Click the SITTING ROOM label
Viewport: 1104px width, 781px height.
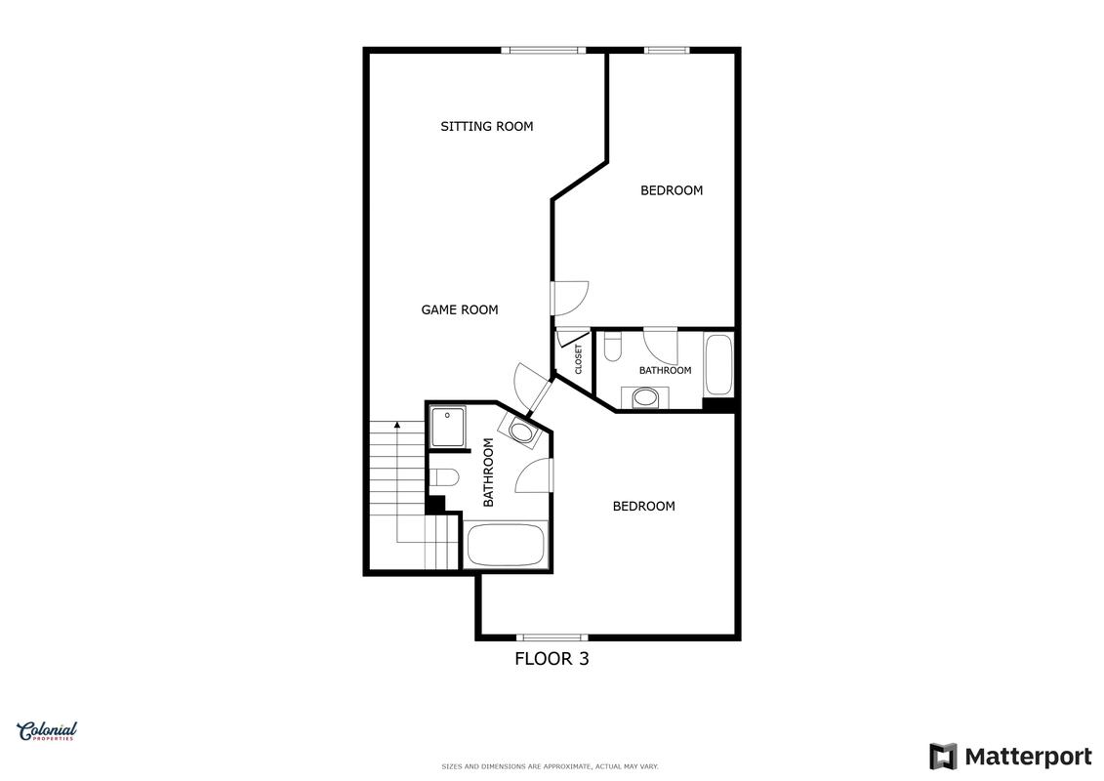pos(486,127)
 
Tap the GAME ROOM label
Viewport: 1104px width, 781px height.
pos(460,309)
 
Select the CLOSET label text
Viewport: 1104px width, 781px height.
pos(579,359)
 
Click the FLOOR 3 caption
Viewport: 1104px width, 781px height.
pos(552,659)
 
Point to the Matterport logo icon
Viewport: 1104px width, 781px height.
pos(943,757)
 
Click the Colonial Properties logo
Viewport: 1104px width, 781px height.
pos(47,732)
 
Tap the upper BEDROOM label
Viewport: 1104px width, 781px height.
pos(672,190)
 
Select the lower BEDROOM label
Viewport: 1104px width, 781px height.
pos(643,507)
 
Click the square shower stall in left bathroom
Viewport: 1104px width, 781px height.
pos(448,427)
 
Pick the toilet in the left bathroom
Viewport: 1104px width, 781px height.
pos(444,479)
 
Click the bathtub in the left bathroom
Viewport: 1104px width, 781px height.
pos(507,545)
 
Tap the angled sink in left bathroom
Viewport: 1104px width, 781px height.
pos(519,430)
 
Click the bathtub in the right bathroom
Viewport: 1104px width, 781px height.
pos(718,365)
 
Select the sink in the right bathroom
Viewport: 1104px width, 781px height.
pos(645,398)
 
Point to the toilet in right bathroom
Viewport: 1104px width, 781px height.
pos(612,346)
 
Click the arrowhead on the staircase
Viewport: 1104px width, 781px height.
pos(398,425)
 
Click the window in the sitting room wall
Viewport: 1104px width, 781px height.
pos(544,50)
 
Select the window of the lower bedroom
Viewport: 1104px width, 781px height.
pos(552,638)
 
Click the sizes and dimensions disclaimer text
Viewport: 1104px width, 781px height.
pos(550,767)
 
